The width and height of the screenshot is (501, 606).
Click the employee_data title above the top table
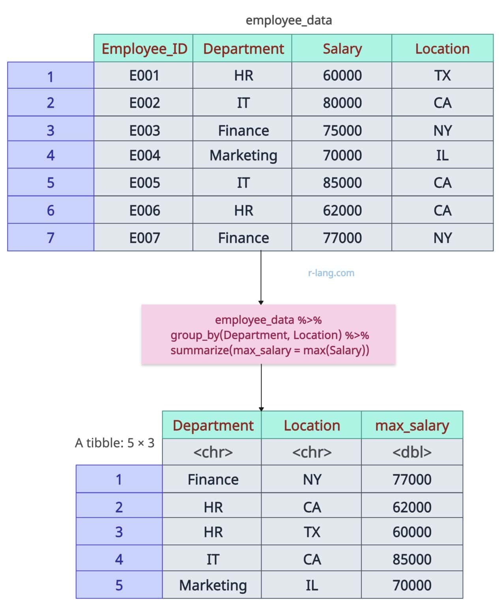[x=288, y=20]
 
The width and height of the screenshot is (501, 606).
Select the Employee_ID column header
[x=144, y=49]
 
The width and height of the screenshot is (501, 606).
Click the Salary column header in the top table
[x=342, y=49]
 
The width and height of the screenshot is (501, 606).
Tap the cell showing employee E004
[x=144, y=155]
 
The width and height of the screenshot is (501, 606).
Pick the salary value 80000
[x=342, y=103]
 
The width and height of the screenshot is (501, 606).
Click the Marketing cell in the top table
[x=243, y=155]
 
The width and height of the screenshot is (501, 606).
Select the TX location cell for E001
[x=442, y=75]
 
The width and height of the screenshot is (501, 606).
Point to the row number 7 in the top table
[x=50, y=238]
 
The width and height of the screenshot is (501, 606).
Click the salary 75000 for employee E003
[x=342, y=130]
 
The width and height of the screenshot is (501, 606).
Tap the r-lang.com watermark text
[x=331, y=273]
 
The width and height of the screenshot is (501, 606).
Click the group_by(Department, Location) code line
[x=269, y=335]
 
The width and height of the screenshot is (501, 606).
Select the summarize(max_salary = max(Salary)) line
[x=269, y=350]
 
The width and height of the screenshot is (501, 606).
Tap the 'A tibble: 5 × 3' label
[x=114, y=443]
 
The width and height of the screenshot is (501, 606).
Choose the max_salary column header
[x=412, y=425]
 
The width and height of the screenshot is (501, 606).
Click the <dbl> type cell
[x=412, y=452]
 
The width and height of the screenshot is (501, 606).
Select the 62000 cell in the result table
[x=412, y=507]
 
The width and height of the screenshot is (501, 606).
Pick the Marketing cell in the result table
[x=213, y=585]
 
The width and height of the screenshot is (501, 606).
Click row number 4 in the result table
[x=119, y=559]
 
